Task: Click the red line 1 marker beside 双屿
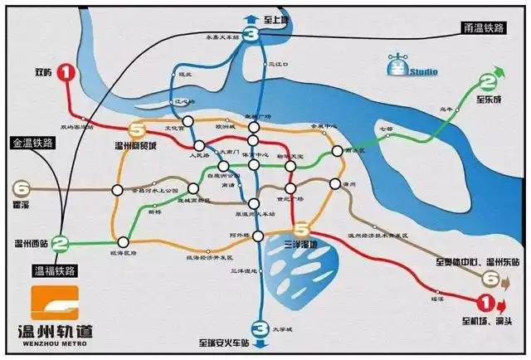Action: coord(67,72)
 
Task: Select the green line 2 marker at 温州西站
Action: coord(60,244)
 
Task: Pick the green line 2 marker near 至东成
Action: coord(489,82)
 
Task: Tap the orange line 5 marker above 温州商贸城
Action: coord(137,129)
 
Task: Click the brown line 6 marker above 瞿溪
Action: coord(22,188)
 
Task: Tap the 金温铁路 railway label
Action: coord(32,142)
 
